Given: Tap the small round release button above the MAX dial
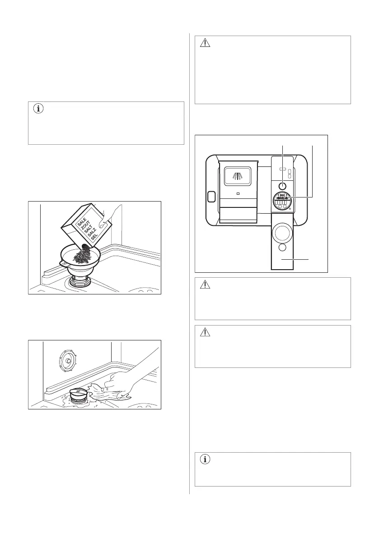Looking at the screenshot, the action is [x=283, y=185].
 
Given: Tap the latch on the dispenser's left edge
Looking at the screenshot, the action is [x=210, y=197].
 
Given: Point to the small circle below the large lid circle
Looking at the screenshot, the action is [x=282, y=248].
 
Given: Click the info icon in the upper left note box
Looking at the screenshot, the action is [x=38, y=110].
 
